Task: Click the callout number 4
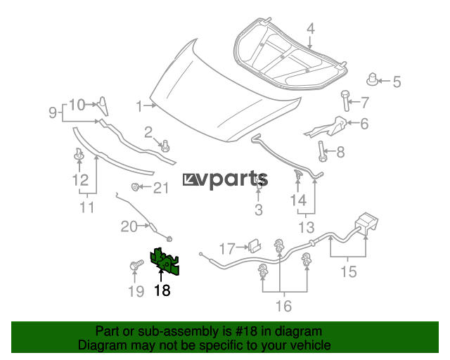point(311,29)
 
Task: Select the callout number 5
point(397,82)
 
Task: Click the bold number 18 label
point(162,290)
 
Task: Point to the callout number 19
point(134,290)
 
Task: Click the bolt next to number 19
point(136,265)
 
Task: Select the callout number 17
point(226,248)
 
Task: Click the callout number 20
point(129,226)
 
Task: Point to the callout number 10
point(77,105)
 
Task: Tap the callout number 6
point(364,124)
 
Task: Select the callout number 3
point(258,210)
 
